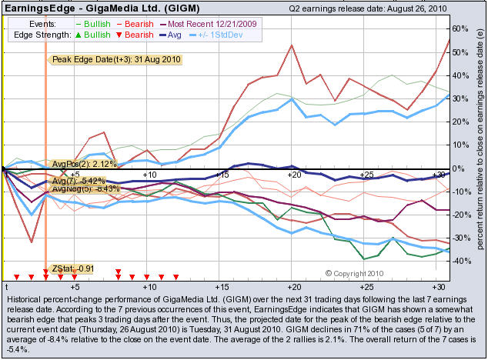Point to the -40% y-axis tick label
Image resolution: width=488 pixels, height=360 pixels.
pyautogui.click(x=460, y=261)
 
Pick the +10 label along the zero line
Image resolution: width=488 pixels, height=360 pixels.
pyautogui.click(x=149, y=175)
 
